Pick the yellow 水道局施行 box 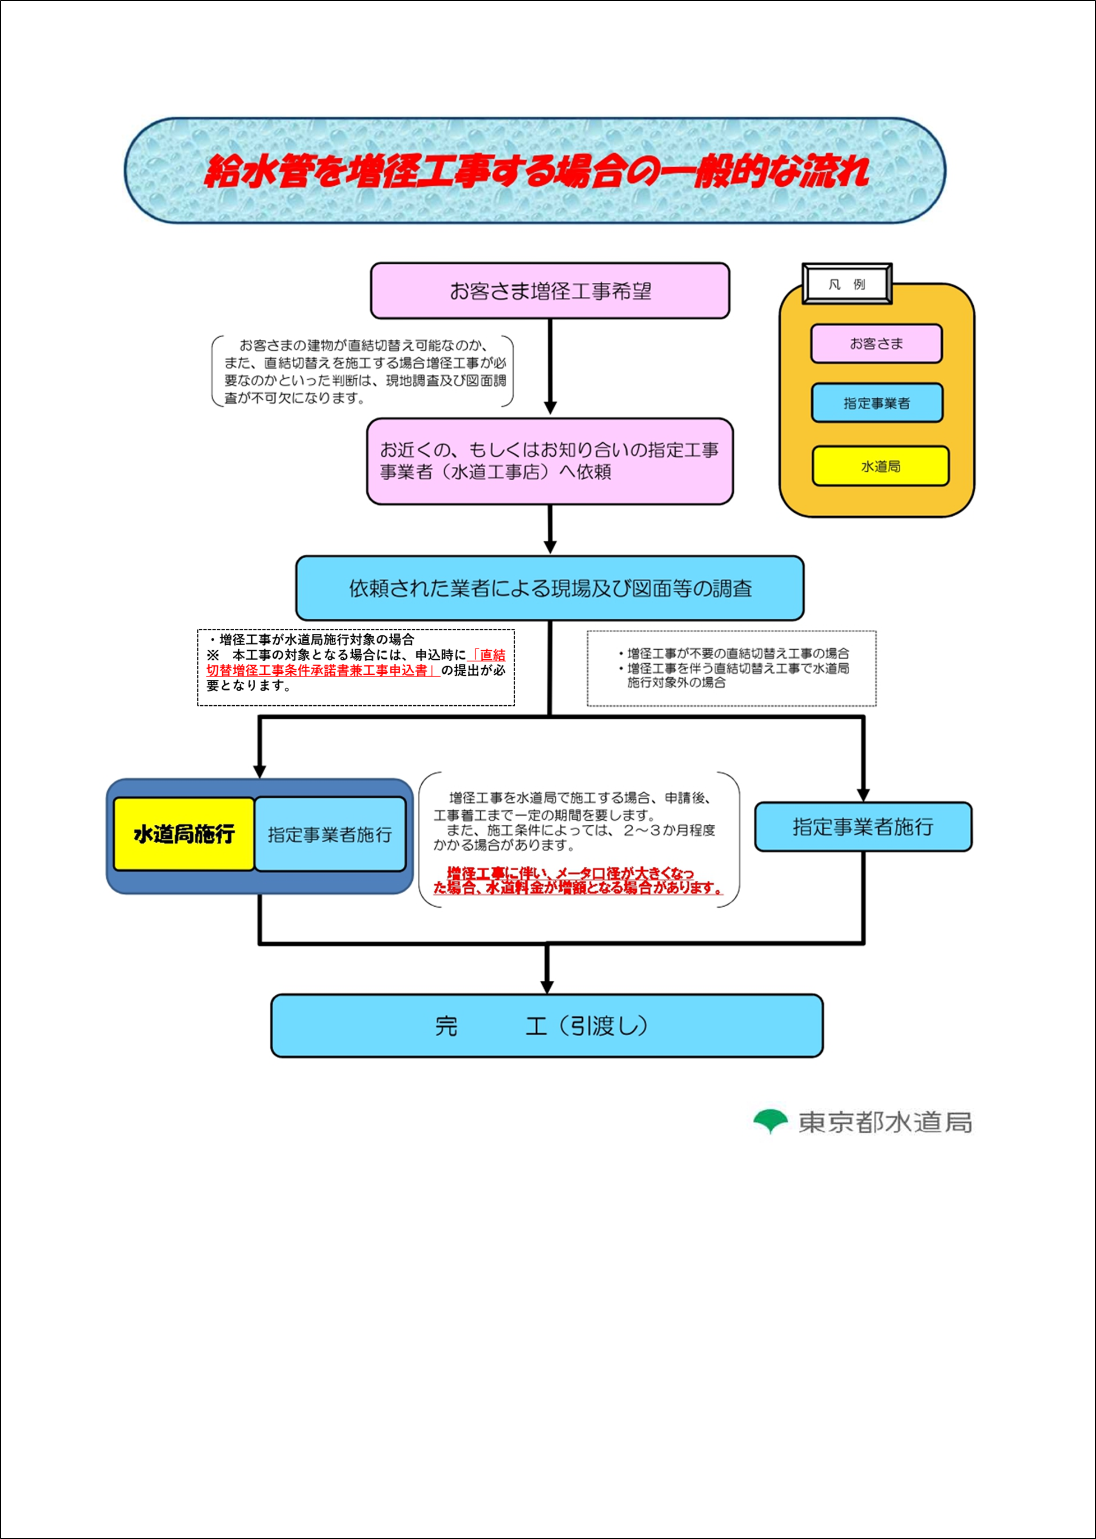[x=183, y=834]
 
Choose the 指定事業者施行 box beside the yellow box [x=330, y=834]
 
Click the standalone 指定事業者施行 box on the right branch [x=863, y=827]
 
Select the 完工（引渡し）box [x=547, y=1026]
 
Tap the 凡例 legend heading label [x=847, y=284]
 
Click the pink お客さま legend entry [x=876, y=343]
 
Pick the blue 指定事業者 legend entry [x=877, y=403]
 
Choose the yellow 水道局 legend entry [x=880, y=466]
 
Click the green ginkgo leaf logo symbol [x=770, y=1120]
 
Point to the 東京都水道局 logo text [x=885, y=1122]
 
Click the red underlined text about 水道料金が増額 [x=577, y=881]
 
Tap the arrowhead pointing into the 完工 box [x=547, y=987]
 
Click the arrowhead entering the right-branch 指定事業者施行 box [x=863, y=794]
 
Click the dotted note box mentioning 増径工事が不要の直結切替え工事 [x=731, y=668]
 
